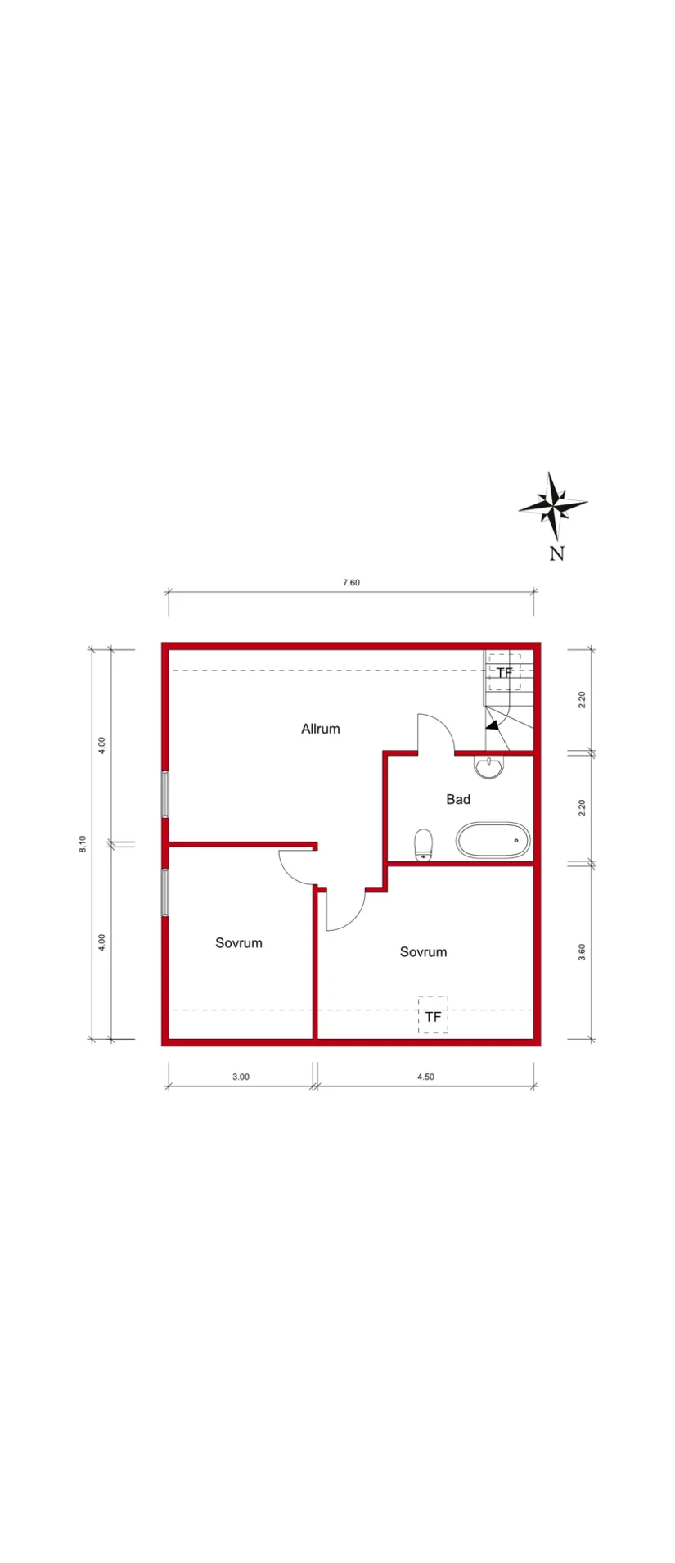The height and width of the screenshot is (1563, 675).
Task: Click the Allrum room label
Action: click(320, 729)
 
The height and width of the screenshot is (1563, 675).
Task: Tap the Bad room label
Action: click(458, 799)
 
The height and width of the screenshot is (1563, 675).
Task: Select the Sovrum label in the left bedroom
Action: click(239, 943)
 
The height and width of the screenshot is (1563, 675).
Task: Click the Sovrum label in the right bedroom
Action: click(423, 952)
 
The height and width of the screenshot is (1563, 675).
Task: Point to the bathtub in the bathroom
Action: click(493, 841)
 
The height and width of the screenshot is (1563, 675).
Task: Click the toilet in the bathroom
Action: click(423, 845)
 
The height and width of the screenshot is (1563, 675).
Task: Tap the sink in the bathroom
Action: click(489, 767)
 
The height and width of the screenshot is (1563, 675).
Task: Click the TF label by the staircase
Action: click(505, 673)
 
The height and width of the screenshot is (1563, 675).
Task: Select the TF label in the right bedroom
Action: click(433, 1017)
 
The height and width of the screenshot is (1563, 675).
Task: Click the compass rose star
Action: click(554, 506)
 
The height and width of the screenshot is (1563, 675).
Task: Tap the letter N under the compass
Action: click(556, 553)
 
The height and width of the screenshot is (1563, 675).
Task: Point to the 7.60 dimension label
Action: click(351, 583)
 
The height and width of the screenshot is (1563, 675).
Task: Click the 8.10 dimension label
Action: click(82, 844)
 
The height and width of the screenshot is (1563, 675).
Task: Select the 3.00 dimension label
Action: click(241, 1077)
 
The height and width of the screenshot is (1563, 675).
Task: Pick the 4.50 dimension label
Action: click(425, 1077)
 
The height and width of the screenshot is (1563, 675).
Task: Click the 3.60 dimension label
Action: click(582, 952)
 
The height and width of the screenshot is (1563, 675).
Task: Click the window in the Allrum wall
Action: click(165, 794)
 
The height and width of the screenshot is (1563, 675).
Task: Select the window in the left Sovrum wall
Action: click(165, 892)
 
